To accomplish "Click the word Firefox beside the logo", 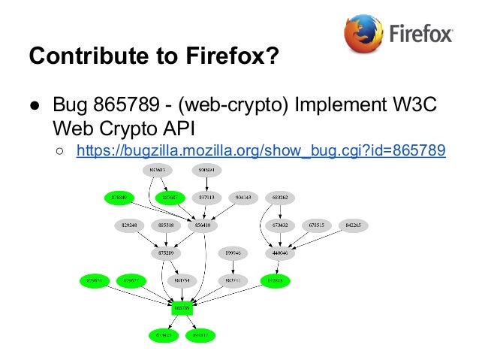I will (x=421, y=35).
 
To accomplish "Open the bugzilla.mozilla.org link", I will (x=261, y=152).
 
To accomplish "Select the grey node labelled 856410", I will (x=205, y=225).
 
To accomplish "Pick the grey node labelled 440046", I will (x=280, y=253).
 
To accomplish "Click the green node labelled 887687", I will (x=170, y=198).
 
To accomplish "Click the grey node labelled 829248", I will (x=128, y=225).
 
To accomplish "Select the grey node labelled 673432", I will (x=280, y=225).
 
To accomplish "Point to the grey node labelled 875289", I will (x=167, y=253).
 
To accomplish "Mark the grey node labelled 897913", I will (x=204, y=198).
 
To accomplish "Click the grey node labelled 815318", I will (x=167, y=225).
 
